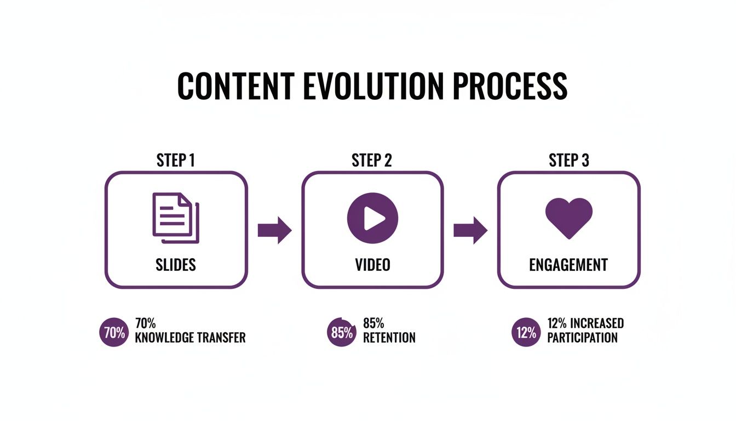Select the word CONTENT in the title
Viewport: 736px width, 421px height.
click(235, 86)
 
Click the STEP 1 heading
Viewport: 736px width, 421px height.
click(176, 160)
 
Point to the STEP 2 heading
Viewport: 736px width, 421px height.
click(372, 160)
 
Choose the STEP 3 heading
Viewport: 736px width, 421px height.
click(568, 160)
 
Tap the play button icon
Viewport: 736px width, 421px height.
click(372, 218)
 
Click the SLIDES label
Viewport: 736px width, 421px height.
click(176, 265)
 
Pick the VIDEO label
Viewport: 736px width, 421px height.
click(372, 265)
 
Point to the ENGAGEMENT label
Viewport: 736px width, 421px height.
click(568, 265)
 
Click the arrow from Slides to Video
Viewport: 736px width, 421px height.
click(274, 230)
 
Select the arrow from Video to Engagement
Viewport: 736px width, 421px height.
click(470, 230)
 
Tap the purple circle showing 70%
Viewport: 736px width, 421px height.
click(114, 332)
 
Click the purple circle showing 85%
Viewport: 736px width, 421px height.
click(342, 332)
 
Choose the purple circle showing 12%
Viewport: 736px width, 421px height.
click(526, 332)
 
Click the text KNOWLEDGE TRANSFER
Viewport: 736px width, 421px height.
click(190, 338)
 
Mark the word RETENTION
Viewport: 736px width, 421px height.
click(389, 338)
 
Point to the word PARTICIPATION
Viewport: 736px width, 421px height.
click(582, 338)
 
